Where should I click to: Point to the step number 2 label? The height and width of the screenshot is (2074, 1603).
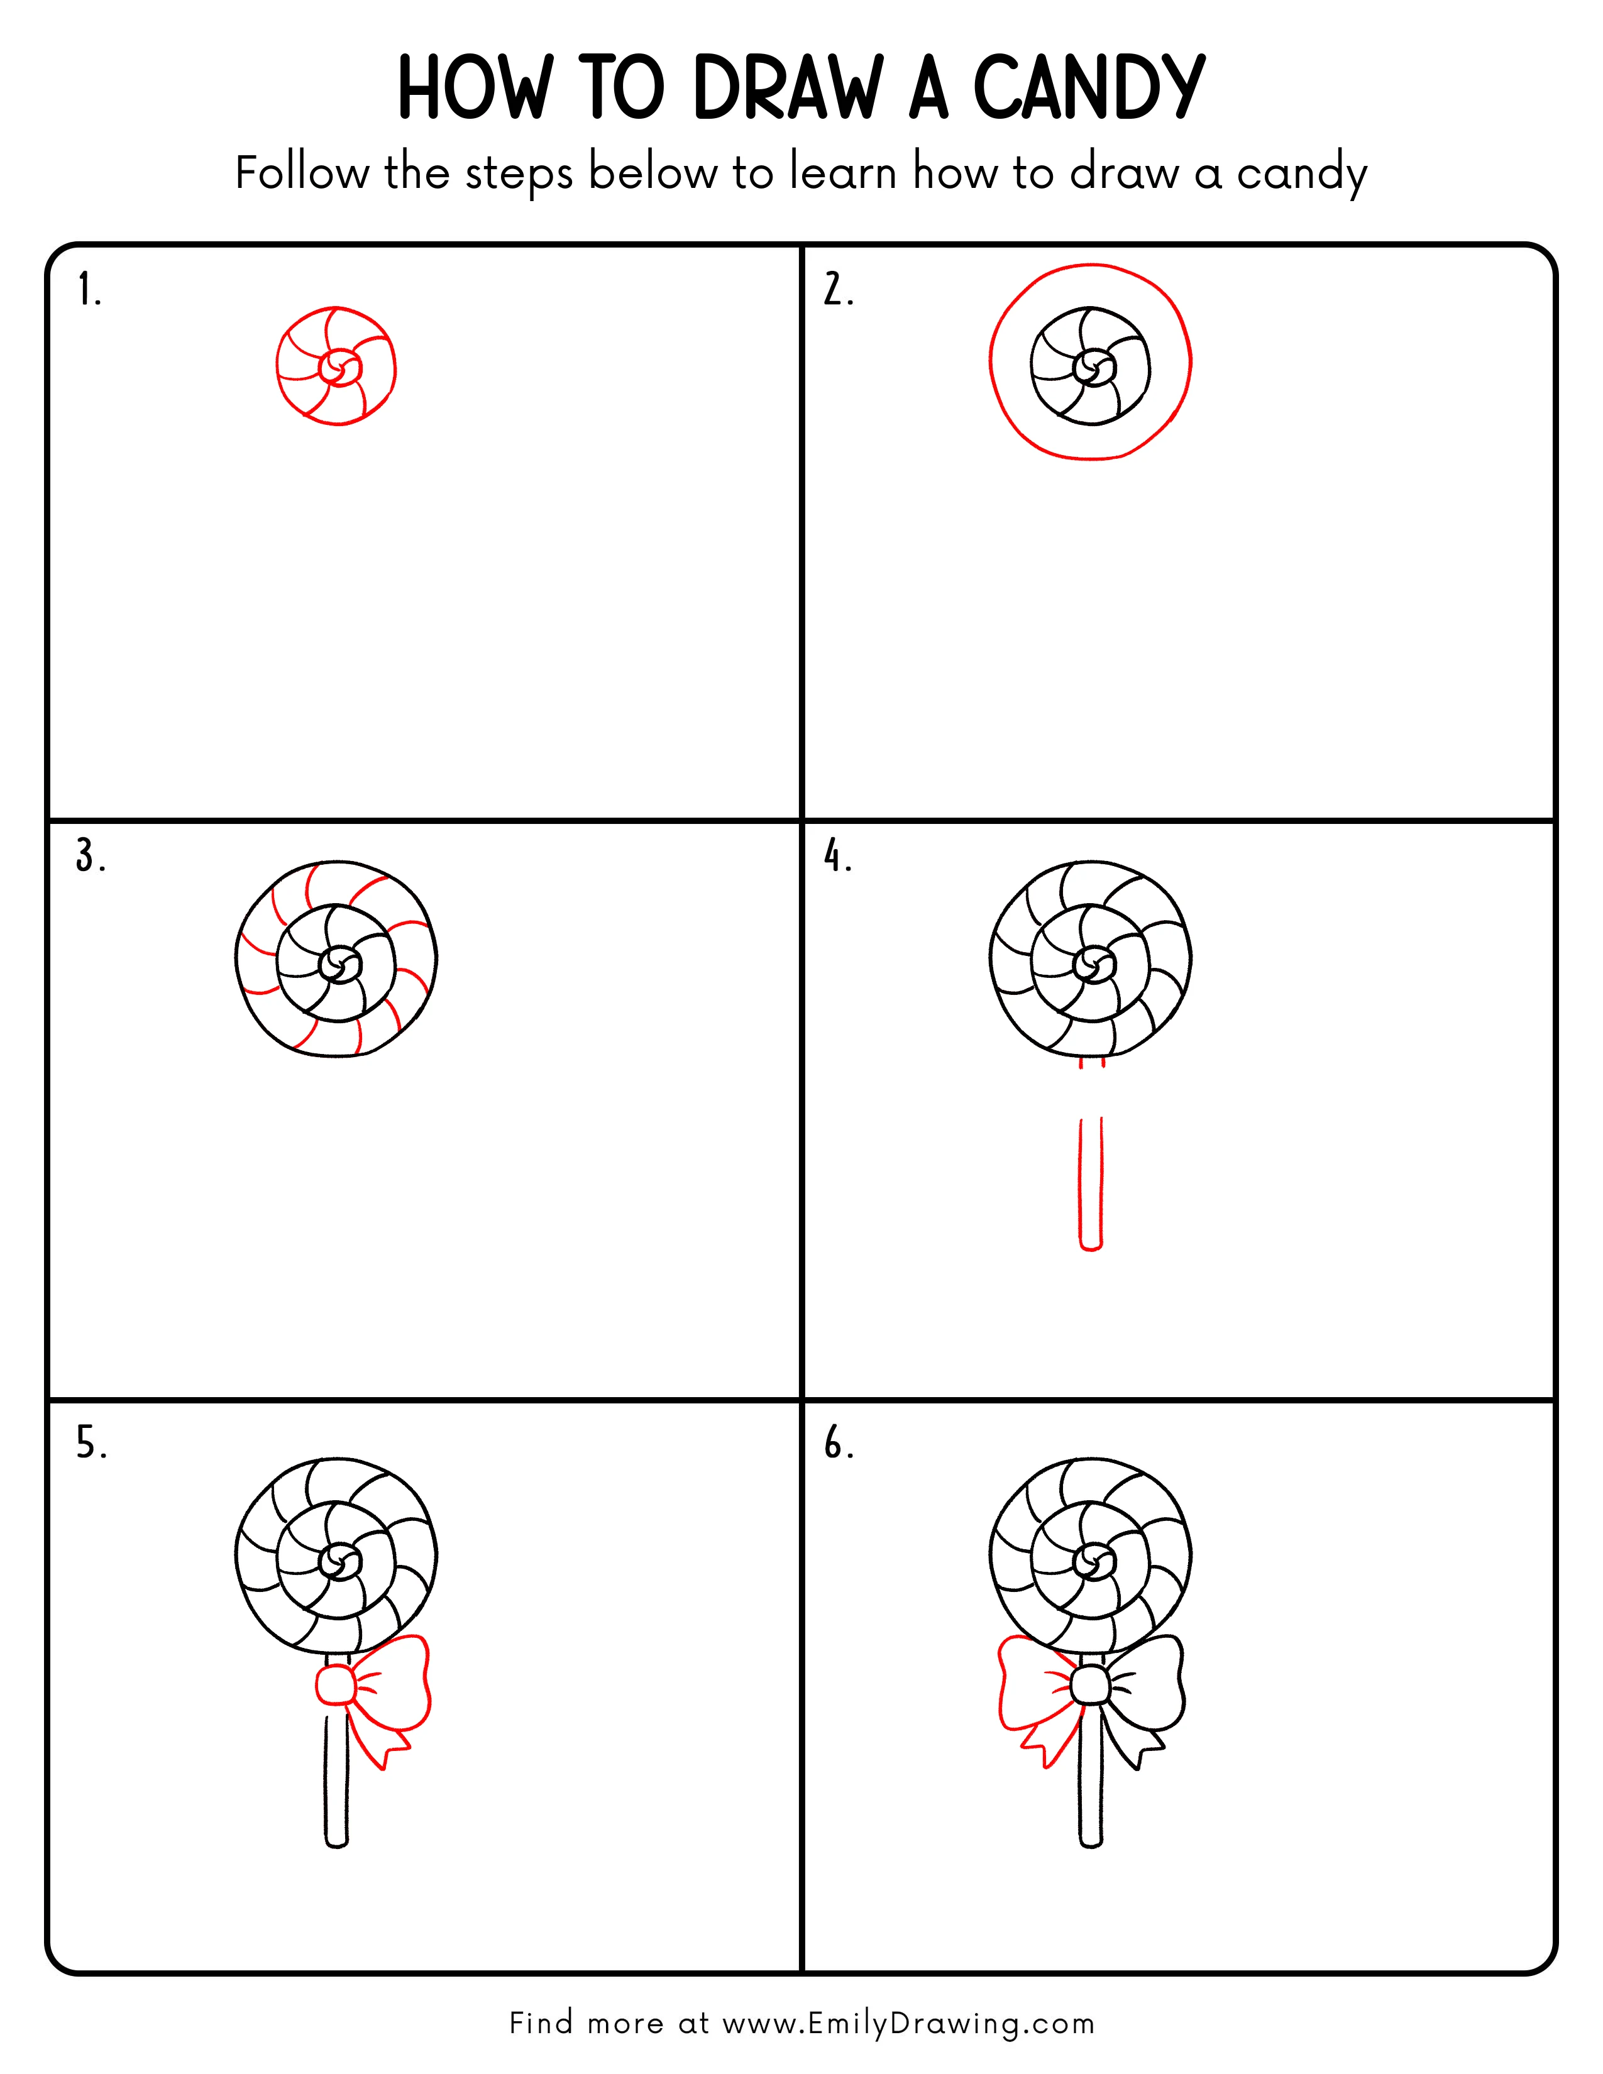pos(837,290)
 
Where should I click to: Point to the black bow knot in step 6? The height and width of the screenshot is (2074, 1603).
pos(1089,1687)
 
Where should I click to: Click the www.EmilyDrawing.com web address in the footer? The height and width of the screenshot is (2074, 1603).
pos(908,2024)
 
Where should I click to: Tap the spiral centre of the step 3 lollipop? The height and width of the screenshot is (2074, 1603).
pos(337,967)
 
